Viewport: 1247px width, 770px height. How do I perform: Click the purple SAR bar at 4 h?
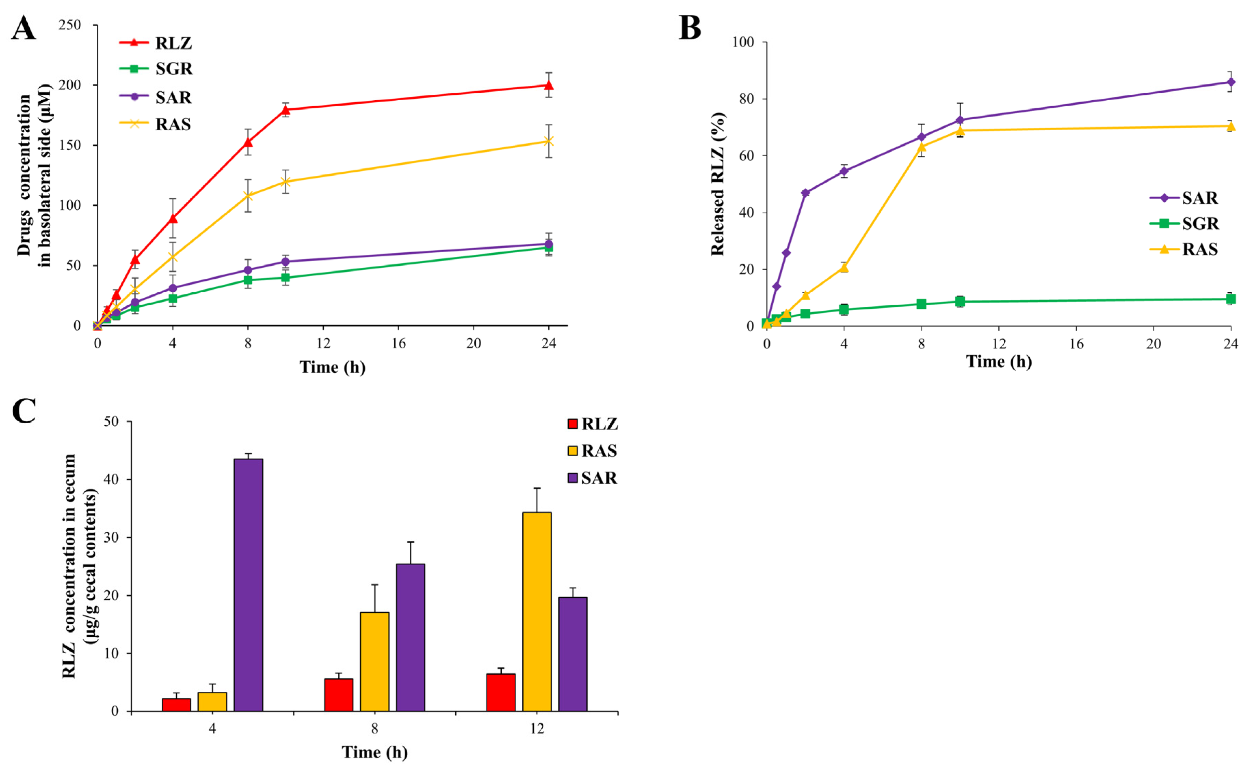point(248,585)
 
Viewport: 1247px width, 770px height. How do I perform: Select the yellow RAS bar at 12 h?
point(537,612)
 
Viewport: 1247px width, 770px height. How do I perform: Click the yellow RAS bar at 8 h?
point(375,662)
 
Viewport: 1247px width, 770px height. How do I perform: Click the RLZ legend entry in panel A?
point(155,43)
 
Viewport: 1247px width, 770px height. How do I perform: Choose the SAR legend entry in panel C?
point(593,478)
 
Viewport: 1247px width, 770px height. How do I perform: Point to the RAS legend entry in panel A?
point(155,124)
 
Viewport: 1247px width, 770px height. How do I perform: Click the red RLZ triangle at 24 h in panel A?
point(549,85)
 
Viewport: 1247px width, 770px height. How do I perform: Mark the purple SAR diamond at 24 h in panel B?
point(1231,82)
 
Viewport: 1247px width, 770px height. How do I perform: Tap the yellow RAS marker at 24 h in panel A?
point(549,141)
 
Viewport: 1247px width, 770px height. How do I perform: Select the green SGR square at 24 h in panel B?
point(1231,299)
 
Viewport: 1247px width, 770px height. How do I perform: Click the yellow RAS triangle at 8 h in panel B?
point(921,147)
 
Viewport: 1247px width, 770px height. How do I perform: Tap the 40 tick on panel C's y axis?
point(111,479)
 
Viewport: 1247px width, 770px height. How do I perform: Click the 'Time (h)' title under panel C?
point(375,752)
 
